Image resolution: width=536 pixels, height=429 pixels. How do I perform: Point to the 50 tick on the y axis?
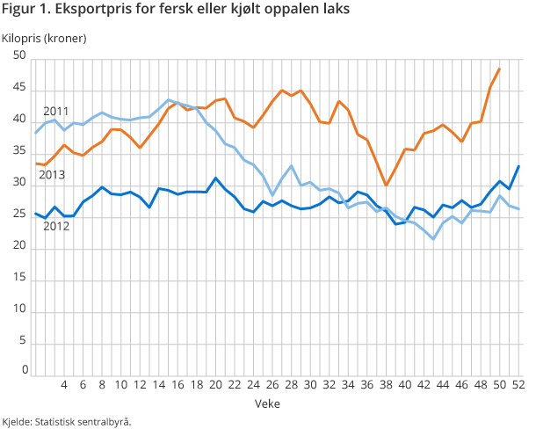click(19, 57)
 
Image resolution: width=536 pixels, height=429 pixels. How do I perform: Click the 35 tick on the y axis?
click(19, 151)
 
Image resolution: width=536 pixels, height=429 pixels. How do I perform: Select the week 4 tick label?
click(64, 384)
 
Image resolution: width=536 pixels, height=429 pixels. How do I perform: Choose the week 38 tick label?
click(387, 384)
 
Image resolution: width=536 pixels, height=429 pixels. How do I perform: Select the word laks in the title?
click(335, 11)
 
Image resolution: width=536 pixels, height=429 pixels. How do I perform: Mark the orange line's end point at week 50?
click(500, 69)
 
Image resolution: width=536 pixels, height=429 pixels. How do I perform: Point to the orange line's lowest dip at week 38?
click(386, 185)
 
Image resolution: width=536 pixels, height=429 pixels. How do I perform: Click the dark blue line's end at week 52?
click(519, 166)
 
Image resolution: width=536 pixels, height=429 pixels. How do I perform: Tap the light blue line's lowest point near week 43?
click(434, 239)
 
